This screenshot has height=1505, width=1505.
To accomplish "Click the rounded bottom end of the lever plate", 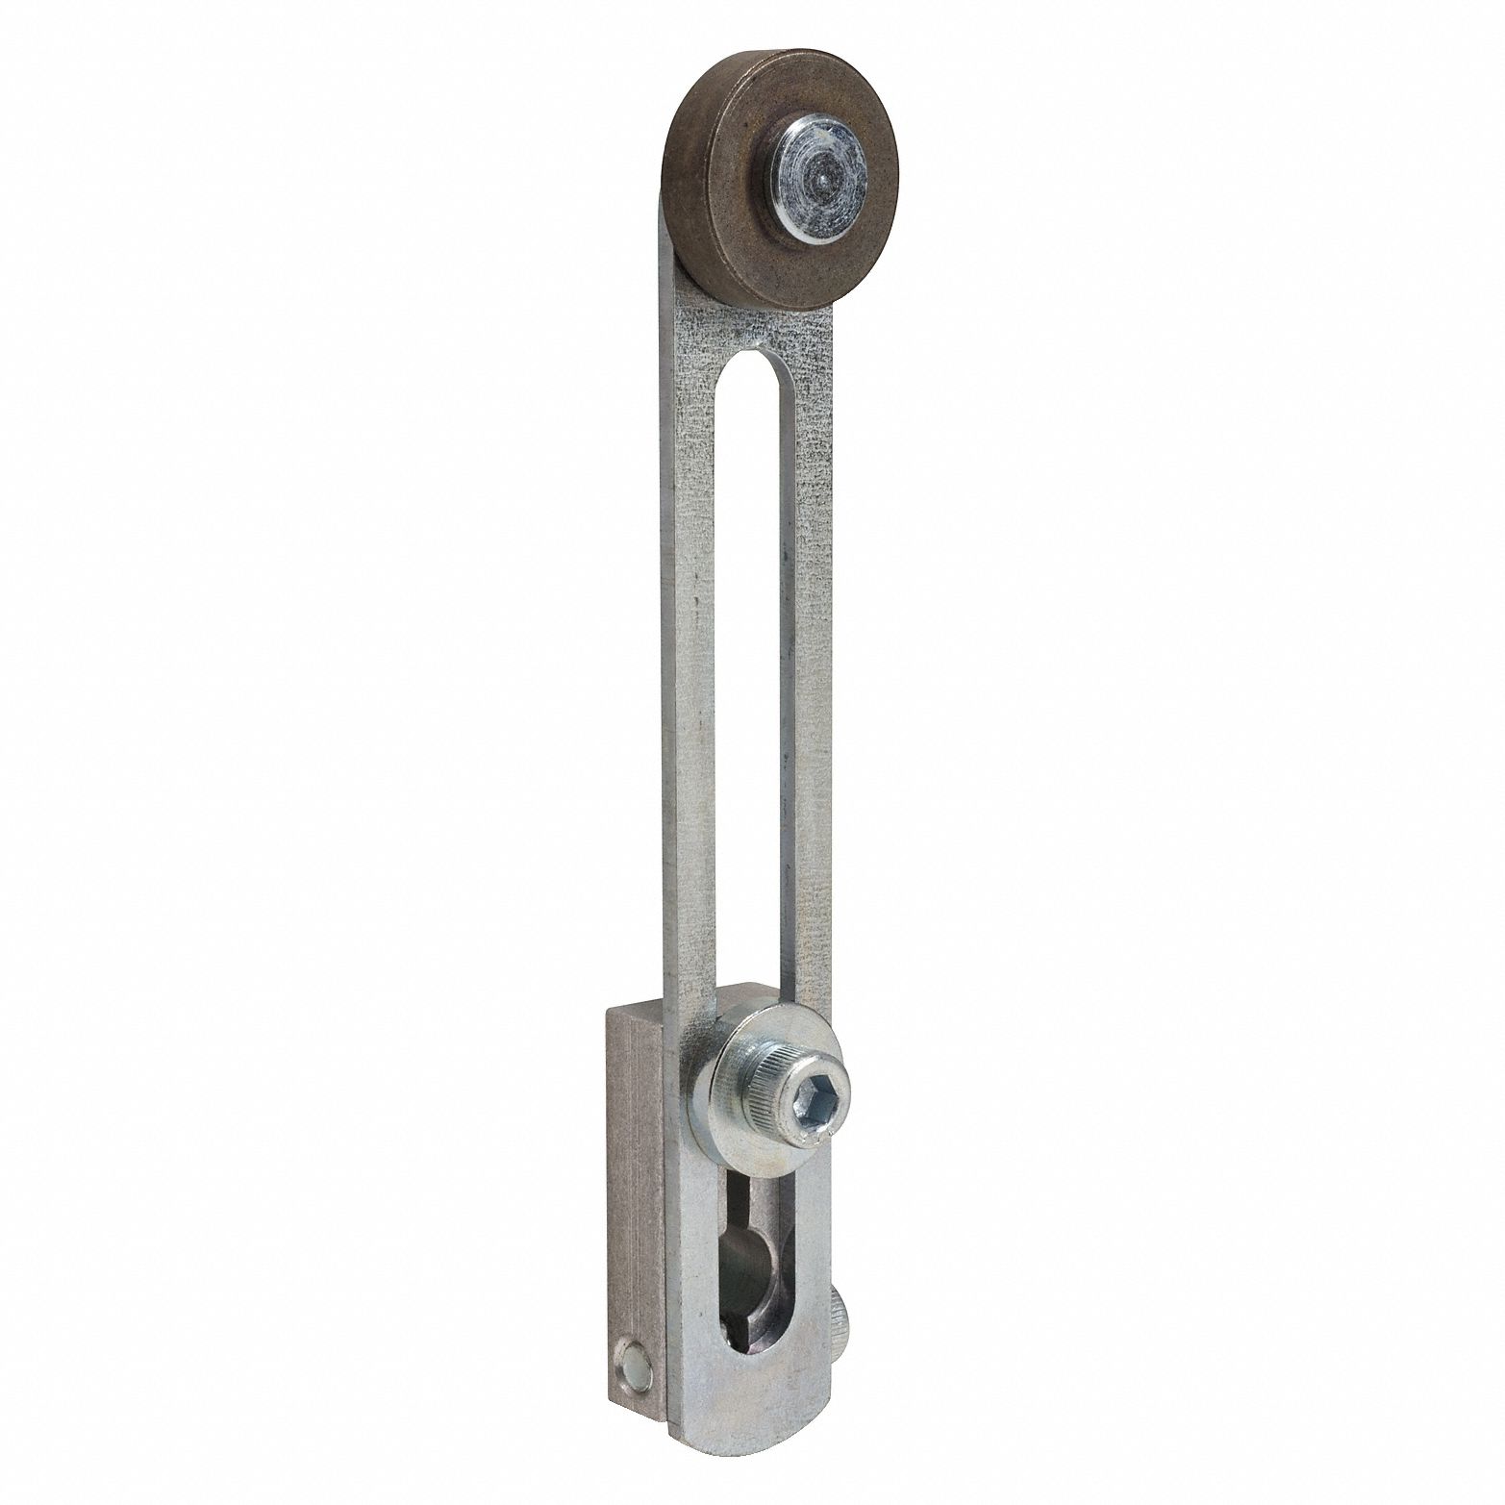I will click(750, 1447).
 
